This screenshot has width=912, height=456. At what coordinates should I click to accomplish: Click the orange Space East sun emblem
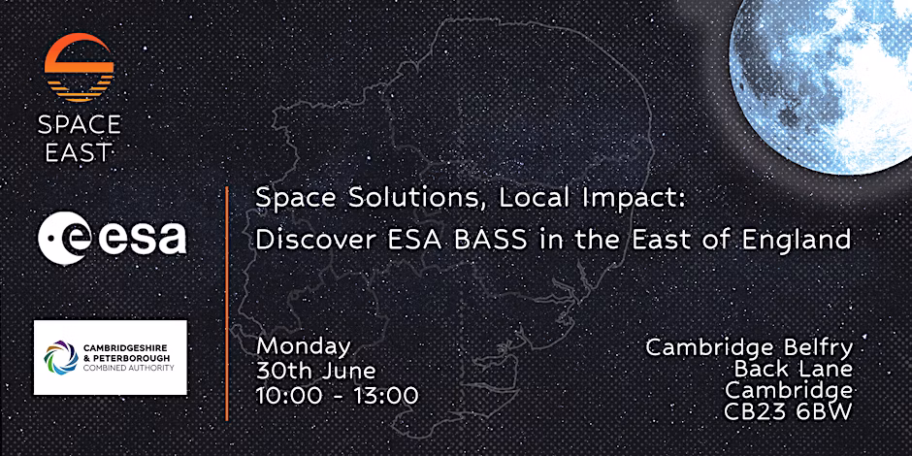point(80,68)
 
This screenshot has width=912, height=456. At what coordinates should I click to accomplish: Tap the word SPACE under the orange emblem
point(80,124)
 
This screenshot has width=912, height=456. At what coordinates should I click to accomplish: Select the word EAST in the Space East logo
point(75,152)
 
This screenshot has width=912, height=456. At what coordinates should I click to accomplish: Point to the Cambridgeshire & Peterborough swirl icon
point(61,356)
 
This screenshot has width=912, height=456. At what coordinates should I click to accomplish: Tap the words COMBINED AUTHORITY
point(128,368)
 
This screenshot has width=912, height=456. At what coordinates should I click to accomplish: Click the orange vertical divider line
point(227,303)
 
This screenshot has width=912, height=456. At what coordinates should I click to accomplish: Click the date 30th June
point(316,371)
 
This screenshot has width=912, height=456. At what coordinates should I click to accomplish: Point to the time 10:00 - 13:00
point(338,396)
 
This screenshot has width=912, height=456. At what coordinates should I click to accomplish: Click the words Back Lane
point(794,369)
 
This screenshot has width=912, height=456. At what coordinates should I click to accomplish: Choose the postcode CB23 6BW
point(788,411)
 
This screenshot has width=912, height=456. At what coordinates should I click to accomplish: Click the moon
point(820,87)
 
